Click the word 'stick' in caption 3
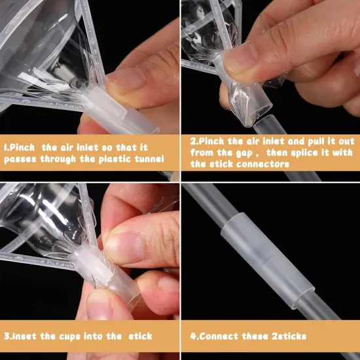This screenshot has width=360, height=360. pos(138,336)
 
